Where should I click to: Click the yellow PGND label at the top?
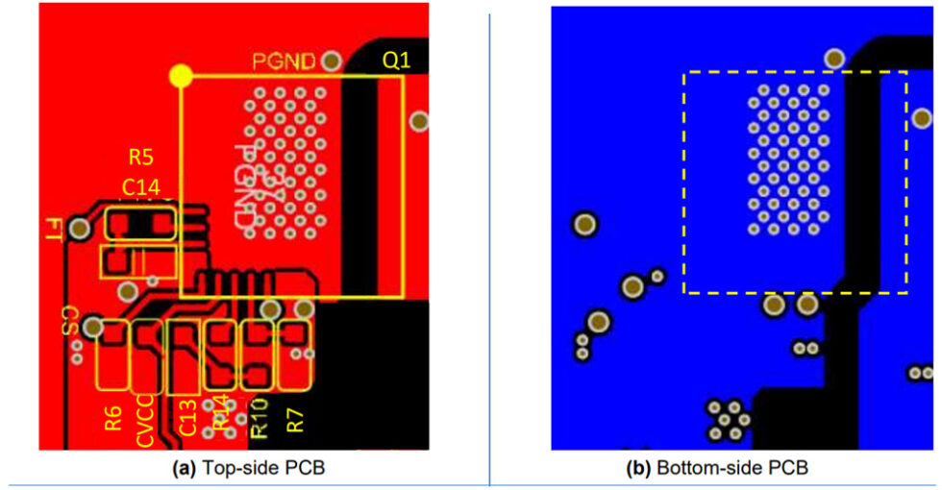(x=285, y=61)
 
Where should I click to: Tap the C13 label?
(x=189, y=419)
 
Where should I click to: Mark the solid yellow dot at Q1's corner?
(x=180, y=75)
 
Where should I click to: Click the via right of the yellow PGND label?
(x=332, y=61)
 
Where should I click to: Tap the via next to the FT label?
(x=80, y=229)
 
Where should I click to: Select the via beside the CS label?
(x=92, y=328)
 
